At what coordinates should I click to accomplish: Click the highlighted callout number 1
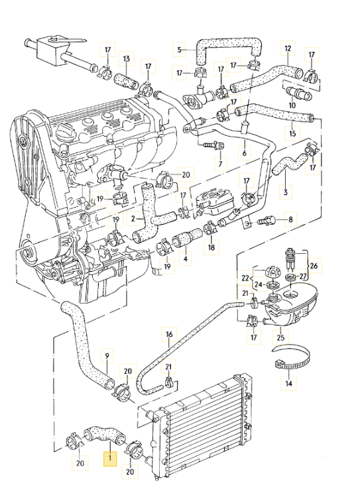(x=110, y=459)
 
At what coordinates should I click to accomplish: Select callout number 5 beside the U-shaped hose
(x=180, y=50)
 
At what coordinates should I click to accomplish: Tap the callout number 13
(x=127, y=58)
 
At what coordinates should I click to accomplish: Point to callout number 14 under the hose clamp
(x=288, y=383)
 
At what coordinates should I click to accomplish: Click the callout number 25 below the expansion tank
(x=280, y=337)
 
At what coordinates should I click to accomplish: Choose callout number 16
(x=170, y=334)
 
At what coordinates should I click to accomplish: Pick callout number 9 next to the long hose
(x=107, y=355)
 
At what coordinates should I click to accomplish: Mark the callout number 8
(x=290, y=220)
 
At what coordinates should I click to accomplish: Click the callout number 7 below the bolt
(x=220, y=164)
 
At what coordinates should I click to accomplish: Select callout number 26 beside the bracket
(x=314, y=265)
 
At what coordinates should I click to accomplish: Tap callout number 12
(x=288, y=48)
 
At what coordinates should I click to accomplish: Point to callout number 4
(x=186, y=259)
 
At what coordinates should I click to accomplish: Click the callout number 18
(x=211, y=247)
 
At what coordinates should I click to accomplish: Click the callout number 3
(x=286, y=192)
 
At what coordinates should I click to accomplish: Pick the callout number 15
(x=292, y=133)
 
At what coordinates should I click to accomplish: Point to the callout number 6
(x=245, y=152)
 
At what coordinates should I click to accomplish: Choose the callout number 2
(x=133, y=219)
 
